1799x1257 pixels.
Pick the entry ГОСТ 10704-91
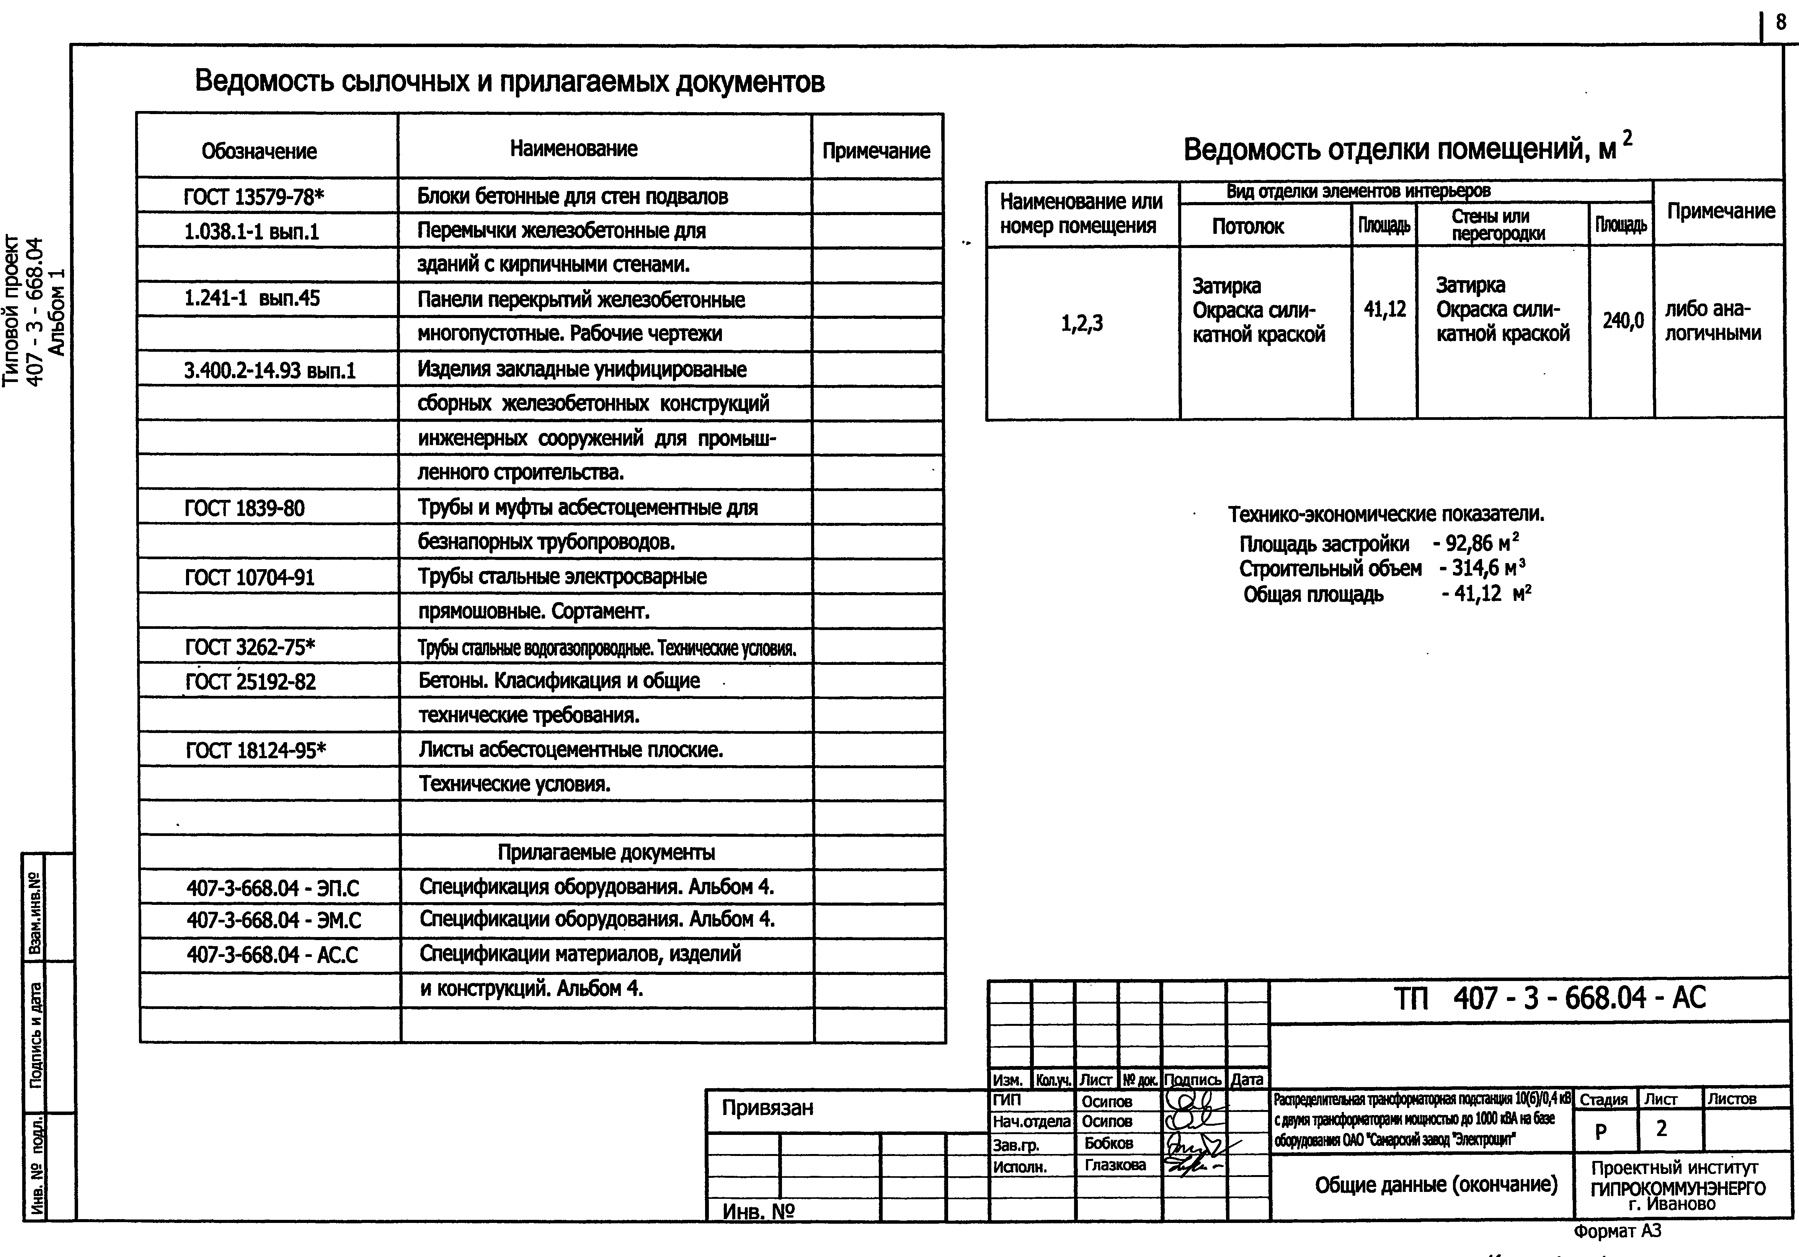[249, 578]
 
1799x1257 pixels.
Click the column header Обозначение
[260, 151]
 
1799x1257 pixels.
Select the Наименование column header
[573, 149]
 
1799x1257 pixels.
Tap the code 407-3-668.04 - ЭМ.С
[273, 920]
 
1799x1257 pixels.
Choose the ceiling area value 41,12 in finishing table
[1384, 310]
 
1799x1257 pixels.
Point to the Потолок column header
[1247, 227]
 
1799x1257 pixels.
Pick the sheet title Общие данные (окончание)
[1435, 1184]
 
